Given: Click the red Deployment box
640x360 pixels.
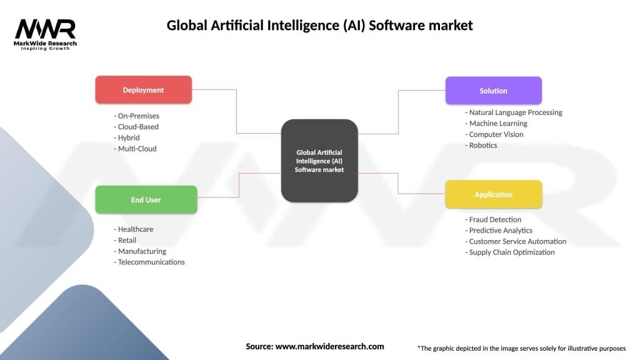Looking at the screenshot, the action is click(143, 90).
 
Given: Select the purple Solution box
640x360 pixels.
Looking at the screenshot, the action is click(493, 91).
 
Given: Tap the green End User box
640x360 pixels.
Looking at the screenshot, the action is click(146, 200).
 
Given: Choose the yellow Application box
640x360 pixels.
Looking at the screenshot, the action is click(493, 194).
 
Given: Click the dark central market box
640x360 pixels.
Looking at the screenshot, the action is click(319, 161).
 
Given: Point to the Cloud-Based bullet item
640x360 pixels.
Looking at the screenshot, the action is click(138, 127).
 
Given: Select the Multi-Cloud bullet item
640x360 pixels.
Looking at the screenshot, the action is click(137, 149).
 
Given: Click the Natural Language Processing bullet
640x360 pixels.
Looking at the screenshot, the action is click(516, 112).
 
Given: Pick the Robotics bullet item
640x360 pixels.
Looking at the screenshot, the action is click(483, 146).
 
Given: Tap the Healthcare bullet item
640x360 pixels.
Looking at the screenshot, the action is click(136, 229).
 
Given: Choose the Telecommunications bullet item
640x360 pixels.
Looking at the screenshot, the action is click(151, 262).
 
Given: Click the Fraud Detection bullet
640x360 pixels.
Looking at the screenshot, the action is click(494, 219).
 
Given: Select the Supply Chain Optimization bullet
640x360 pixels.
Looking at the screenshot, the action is click(512, 252).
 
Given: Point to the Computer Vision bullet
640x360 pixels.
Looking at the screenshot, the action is click(496, 134).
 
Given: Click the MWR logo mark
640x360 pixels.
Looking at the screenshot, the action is click(46, 29).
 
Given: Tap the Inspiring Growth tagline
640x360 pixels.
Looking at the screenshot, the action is click(46, 48).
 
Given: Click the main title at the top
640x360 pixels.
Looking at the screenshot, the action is click(319, 26).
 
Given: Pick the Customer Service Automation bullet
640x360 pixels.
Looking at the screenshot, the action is click(517, 241).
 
